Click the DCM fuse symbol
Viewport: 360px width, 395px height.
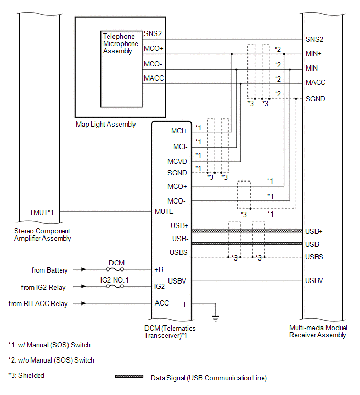115,269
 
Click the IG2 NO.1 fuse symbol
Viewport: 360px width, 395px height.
115,286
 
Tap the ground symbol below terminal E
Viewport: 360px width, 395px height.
216,319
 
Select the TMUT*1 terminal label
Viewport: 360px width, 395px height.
41,212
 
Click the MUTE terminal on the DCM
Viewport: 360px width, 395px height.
164,211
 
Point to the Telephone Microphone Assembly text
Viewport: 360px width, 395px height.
120,43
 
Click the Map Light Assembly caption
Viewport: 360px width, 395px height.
106,124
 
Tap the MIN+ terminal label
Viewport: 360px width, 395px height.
313,54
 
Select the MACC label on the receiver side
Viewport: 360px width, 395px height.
316,82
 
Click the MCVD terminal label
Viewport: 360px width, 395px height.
177,161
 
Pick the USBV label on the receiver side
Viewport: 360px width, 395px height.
314,280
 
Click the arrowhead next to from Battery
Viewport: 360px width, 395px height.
84,269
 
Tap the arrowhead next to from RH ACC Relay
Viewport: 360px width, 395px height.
84,303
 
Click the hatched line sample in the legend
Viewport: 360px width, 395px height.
129,376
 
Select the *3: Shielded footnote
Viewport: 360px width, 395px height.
27,375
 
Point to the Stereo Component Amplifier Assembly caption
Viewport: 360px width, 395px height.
42,234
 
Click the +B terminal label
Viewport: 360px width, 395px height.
159,269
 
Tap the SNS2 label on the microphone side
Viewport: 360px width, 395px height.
153,34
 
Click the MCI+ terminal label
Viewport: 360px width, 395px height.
179,131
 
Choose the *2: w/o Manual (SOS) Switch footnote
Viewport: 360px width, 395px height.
51,360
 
